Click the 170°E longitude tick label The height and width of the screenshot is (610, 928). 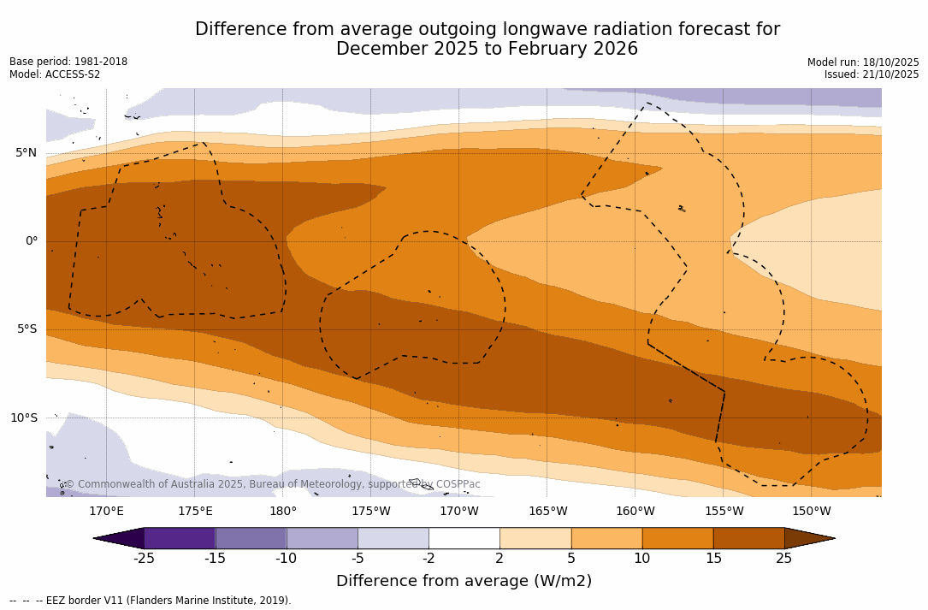[x=106, y=512]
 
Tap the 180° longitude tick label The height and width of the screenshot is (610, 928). [x=283, y=512]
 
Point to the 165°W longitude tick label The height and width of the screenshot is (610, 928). [x=547, y=512]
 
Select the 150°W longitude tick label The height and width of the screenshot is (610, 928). [x=811, y=512]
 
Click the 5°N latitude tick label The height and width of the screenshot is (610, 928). [x=26, y=153]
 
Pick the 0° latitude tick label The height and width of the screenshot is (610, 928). [x=31, y=241]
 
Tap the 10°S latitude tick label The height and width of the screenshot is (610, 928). [x=23, y=418]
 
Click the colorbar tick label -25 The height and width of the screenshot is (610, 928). [x=144, y=559]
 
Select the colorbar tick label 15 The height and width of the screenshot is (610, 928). [x=712, y=559]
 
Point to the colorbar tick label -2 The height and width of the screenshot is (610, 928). [x=429, y=559]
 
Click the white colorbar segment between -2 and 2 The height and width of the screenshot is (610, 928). [x=464, y=538]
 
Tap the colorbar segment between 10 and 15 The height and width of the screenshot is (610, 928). [x=677, y=538]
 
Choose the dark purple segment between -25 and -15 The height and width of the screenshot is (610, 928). [x=180, y=538]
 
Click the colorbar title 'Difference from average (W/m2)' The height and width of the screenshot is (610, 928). [x=464, y=582]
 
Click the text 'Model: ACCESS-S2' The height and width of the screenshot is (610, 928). [x=55, y=74]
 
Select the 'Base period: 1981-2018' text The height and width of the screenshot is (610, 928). [x=68, y=62]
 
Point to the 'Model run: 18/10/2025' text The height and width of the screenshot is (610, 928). [x=863, y=62]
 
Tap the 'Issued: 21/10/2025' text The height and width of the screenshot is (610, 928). [x=872, y=74]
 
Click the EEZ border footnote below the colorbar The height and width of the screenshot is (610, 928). [x=151, y=601]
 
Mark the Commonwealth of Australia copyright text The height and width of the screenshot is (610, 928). [x=273, y=484]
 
